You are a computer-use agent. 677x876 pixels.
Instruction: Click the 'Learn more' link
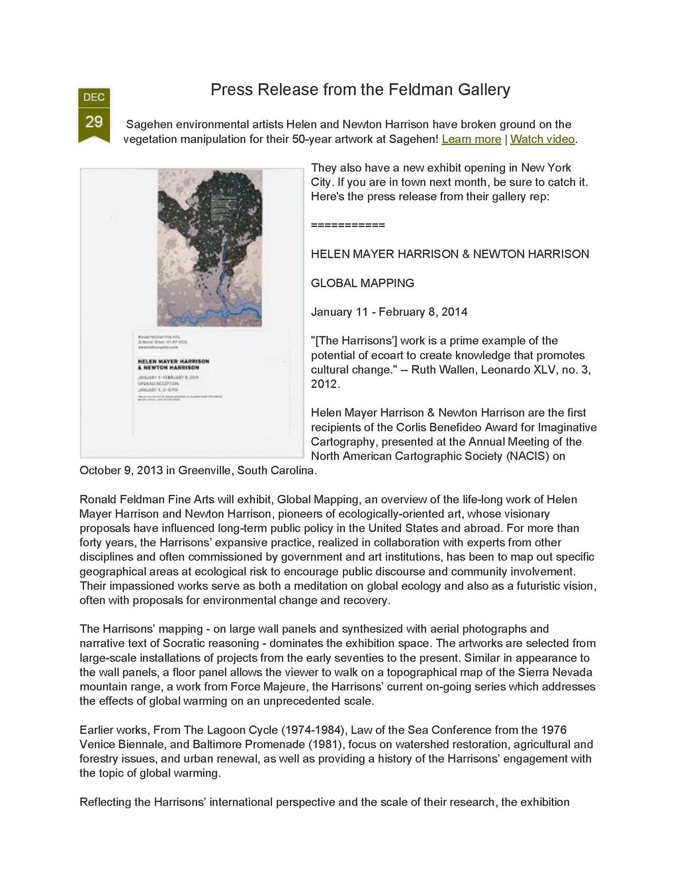click(x=471, y=139)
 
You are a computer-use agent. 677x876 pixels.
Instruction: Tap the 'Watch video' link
click(x=542, y=139)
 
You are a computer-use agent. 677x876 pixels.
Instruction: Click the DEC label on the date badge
click(x=94, y=97)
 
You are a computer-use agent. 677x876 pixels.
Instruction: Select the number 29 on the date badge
click(x=94, y=121)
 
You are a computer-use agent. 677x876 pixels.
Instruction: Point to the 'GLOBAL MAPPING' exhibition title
click(x=362, y=283)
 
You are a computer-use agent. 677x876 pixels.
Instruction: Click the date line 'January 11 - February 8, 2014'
click(x=389, y=312)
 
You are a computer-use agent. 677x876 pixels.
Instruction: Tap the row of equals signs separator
click(x=348, y=225)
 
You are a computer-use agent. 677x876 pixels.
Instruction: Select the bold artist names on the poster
click(x=173, y=365)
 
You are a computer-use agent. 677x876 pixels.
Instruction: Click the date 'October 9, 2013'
click(x=121, y=470)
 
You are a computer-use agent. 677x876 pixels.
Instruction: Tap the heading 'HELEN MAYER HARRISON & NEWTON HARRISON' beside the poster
click(x=450, y=254)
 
